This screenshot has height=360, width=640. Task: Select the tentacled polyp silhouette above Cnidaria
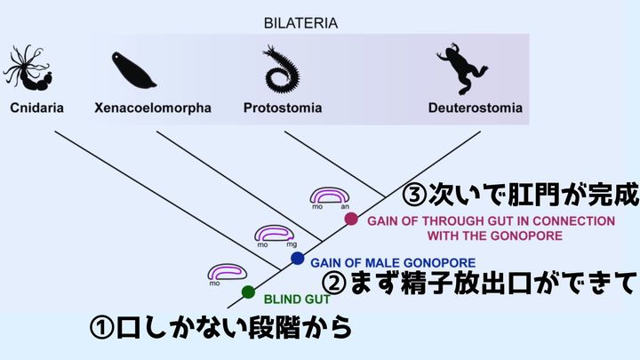click(x=31, y=69)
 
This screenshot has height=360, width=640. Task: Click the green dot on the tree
click(x=248, y=292)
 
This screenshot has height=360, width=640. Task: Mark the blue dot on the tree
click(x=298, y=258)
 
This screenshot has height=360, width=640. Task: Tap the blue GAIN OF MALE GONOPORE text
click(x=393, y=263)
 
